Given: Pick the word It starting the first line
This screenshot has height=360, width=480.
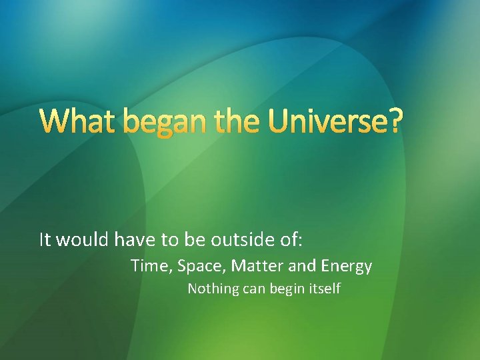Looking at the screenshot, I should pyautogui.click(x=45, y=239).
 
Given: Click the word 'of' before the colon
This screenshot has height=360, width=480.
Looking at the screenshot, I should pyautogui.click(x=287, y=239).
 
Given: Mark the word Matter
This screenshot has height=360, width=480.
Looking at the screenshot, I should pyautogui.click(x=258, y=267).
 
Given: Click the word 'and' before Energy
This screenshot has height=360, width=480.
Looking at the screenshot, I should pyautogui.click(x=303, y=267).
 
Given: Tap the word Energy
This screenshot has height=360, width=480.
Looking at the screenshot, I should pyautogui.click(x=347, y=267).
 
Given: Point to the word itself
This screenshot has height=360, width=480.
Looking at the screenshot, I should pyautogui.click(x=325, y=289).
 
